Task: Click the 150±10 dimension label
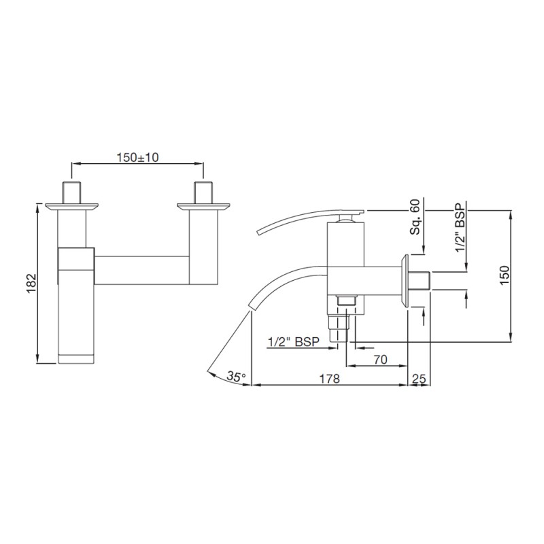(x=137, y=158)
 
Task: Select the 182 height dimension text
(x=31, y=284)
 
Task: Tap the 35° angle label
(x=236, y=376)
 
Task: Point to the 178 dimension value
(x=329, y=379)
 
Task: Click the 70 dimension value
(x=380, y=360)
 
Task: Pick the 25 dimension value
(x=419, y=379)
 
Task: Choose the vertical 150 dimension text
(x=505, y=275)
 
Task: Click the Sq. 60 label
(x=415, y=217)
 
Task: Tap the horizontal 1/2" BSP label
(x=294, y=342)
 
